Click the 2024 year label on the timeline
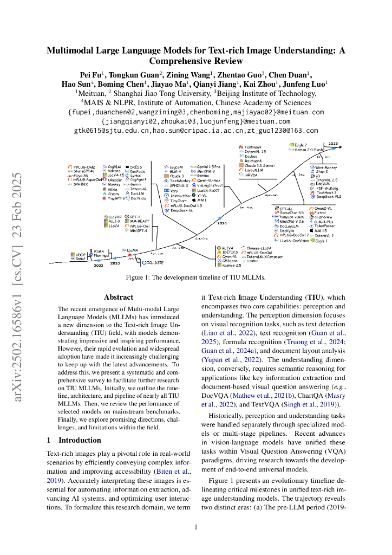222,223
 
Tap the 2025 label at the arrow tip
333,144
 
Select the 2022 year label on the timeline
99,266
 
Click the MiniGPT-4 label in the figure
139,231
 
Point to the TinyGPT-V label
116,198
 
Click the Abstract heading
118,297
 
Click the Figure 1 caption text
195,277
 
